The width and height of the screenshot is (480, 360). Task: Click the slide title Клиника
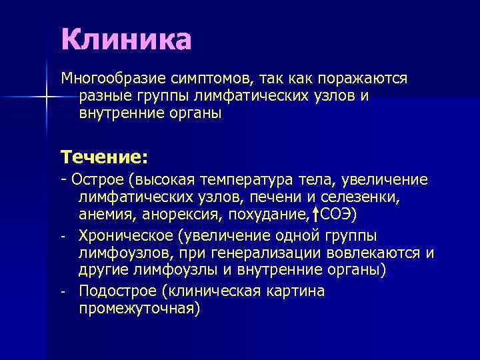pyautogui.click(x=126, y=39)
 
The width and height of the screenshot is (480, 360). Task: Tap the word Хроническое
pyautogui.click(x=126, y=237)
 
